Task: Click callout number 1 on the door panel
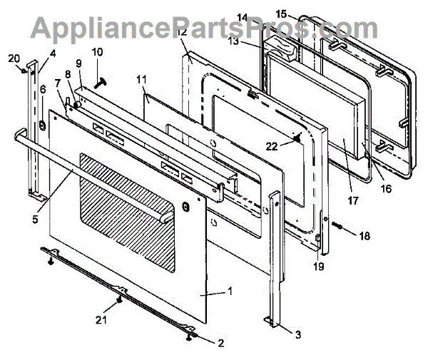(x=229, y=291)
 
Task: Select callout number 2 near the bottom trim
(x=221, y=343)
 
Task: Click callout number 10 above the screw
(x=97, y=51)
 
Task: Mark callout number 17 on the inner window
(x=352, y=200)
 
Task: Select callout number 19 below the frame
(x=318, y=267)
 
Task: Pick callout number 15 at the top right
(x=281, y=14)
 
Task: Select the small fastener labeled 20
(x=24, y=69)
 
